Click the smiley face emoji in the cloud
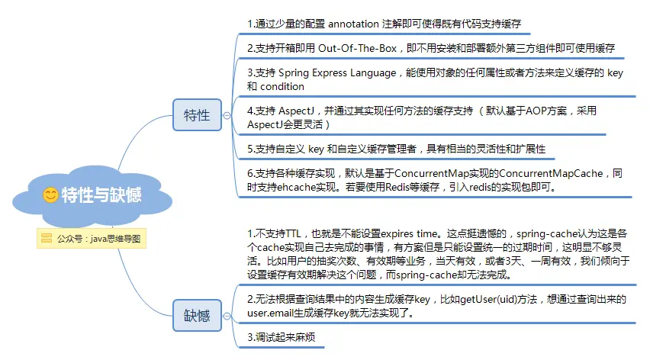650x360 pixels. point(50,195)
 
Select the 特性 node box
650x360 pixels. point(197,115)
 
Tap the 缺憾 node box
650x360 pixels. point(197,315)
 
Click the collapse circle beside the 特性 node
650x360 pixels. point(227,115)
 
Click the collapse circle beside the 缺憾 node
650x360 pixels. point(227,315)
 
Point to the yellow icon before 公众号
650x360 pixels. point(47,238)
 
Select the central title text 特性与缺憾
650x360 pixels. point(101,195)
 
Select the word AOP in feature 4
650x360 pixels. point(530,111)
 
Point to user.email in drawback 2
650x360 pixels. point(273,313)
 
